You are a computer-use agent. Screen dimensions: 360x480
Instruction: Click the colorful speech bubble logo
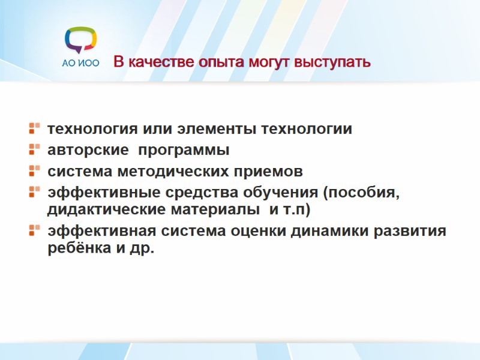80,40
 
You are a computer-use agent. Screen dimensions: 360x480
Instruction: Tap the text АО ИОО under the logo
80,63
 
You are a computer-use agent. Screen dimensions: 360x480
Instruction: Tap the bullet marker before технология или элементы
34,128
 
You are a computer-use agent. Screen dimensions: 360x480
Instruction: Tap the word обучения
284,194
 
